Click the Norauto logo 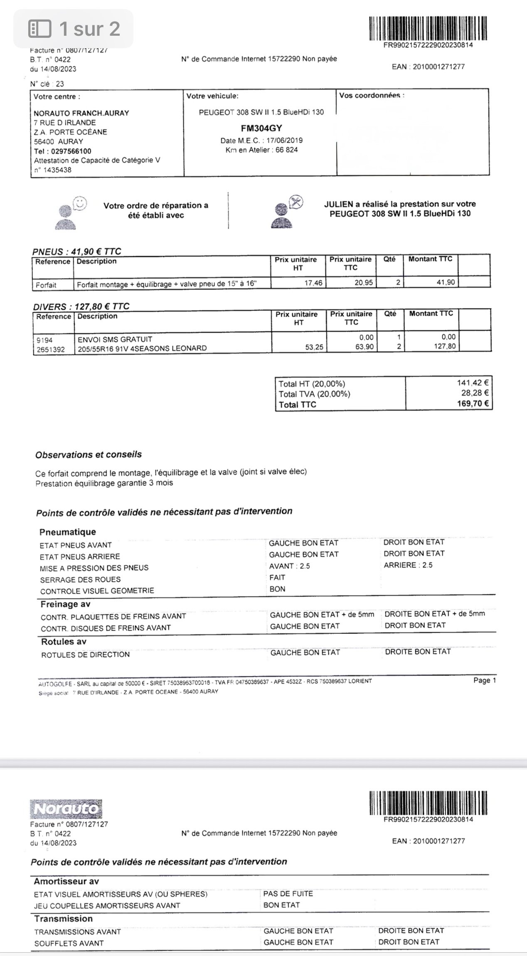coord(66,809)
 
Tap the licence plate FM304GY coord(261,128)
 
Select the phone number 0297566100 coord(69,151)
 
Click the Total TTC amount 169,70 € coord(473,403)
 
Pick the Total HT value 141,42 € coord(473,382)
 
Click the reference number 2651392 coord(51,349)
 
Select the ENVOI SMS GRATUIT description coord(115,339)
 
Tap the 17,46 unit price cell coord(313,283)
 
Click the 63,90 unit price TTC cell coord(364,347)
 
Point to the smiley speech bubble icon coord(80,203)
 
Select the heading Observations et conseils coord(89,454)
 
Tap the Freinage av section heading coord(65,604)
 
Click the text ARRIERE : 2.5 coord(408,565)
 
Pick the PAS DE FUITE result coord(288,893)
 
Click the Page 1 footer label coord(484,680)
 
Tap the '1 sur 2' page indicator coord(74,29)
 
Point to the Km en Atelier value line coord(261,150)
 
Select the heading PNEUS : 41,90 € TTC coord(77,251)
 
